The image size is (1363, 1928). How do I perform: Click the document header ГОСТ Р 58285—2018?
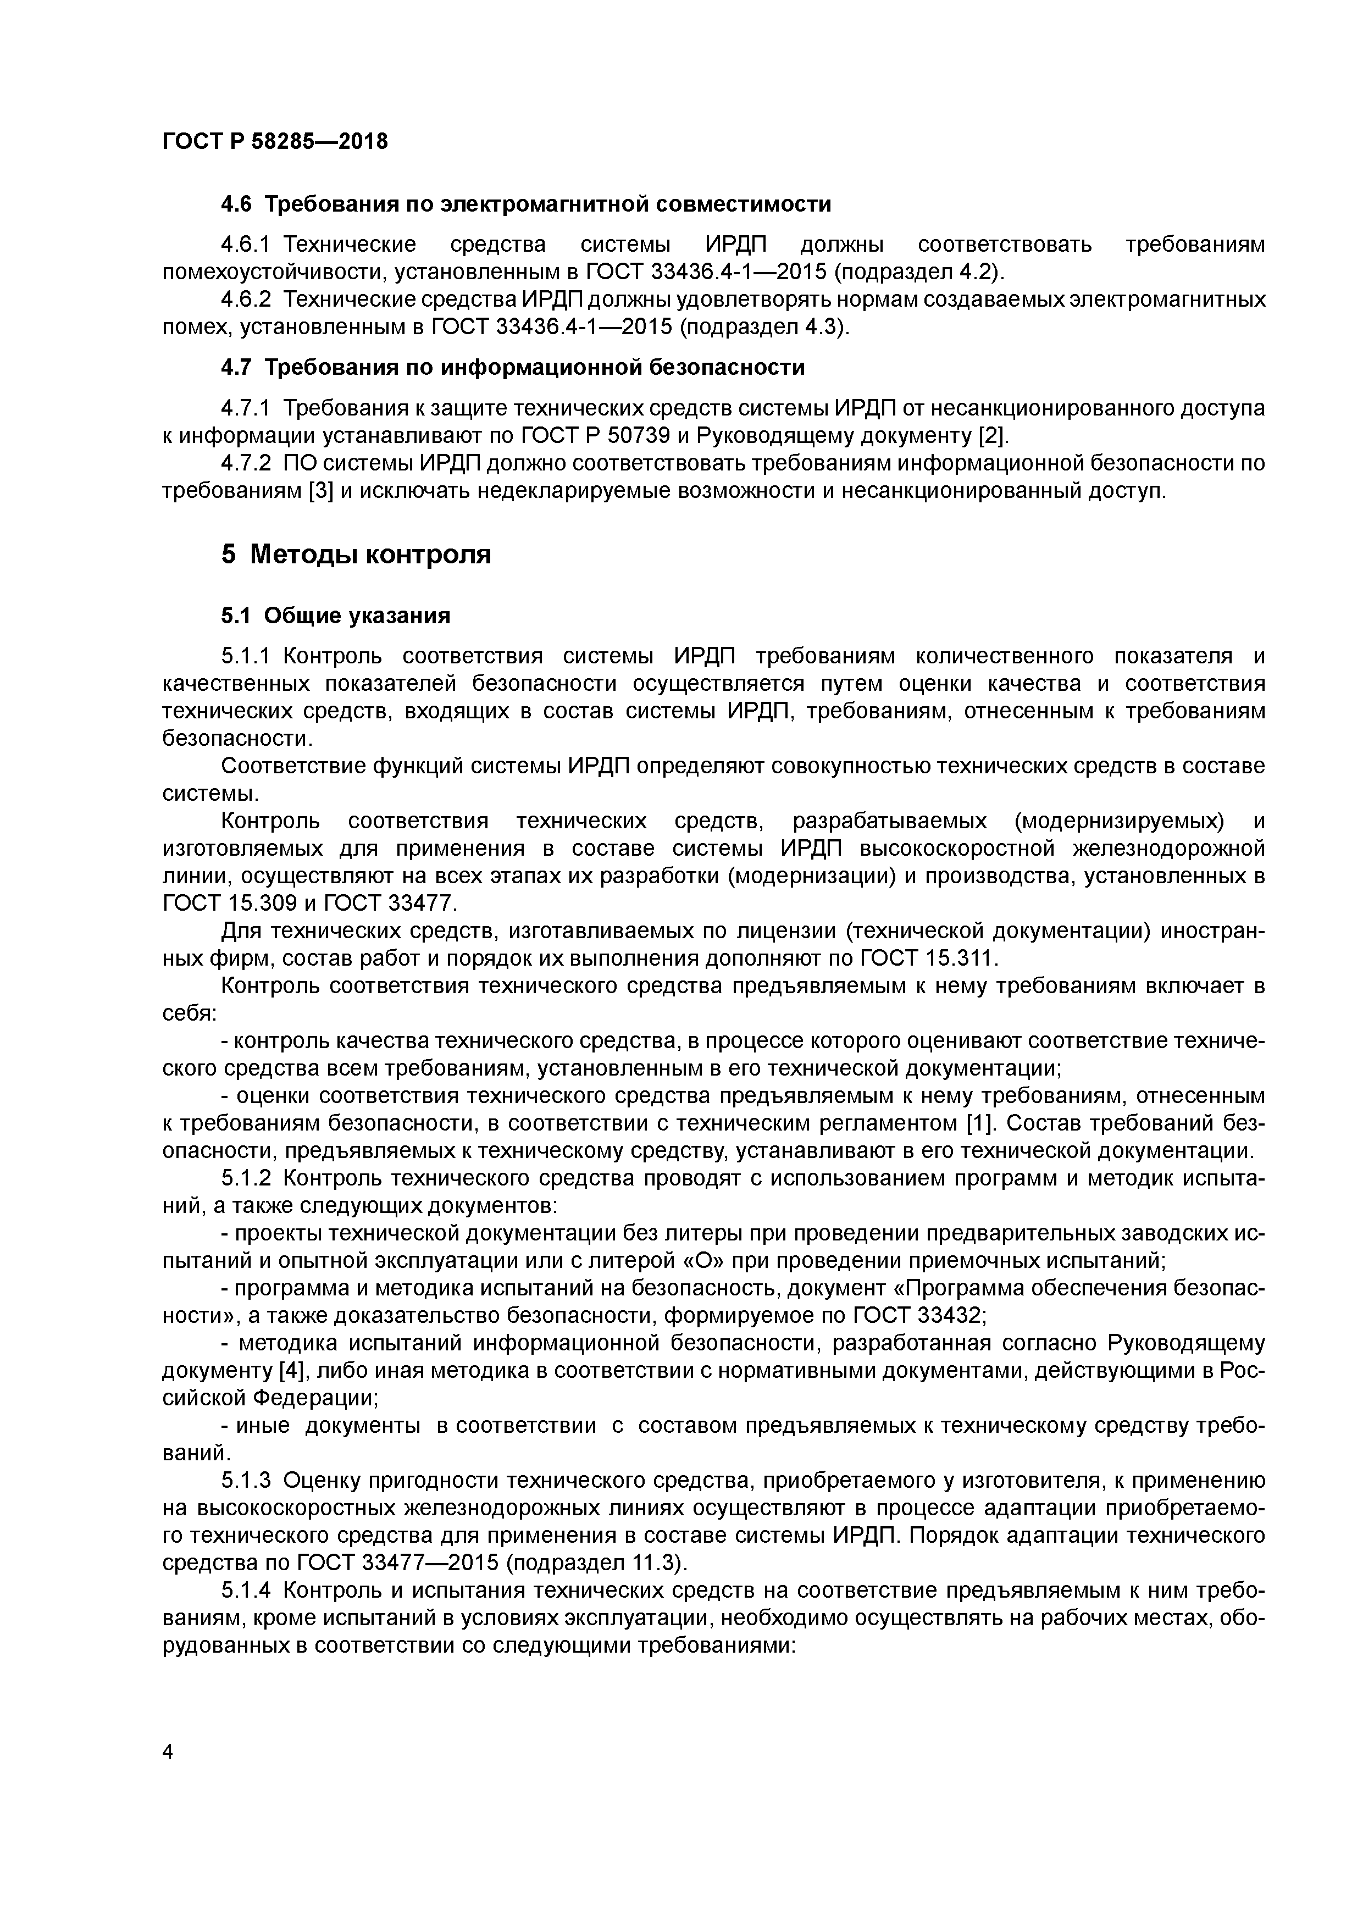tap(275, 142)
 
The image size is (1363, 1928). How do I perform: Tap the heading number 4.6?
tap(237, 204)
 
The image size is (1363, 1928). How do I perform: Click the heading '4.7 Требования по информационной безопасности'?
tap(512, 367)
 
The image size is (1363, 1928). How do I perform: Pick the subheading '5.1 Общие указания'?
tap(335, 616)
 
